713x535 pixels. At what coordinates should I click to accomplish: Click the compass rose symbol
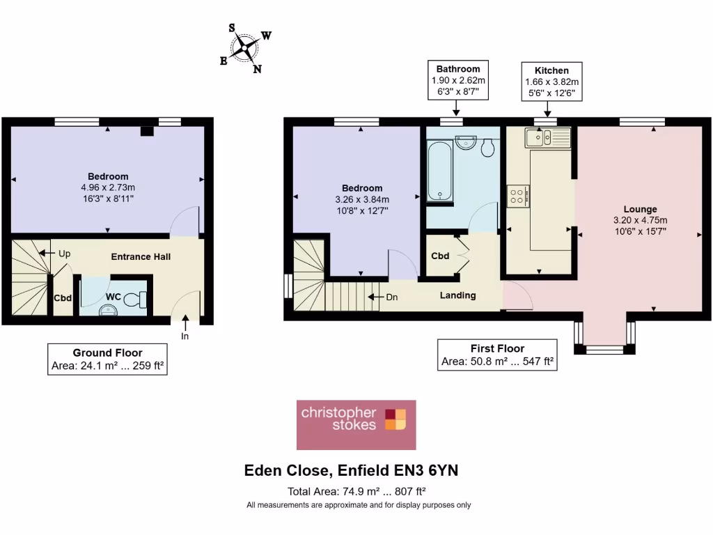point(246,48)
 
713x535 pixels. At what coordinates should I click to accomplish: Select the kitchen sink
point(548,138)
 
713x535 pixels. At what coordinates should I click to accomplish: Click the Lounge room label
point(640,209)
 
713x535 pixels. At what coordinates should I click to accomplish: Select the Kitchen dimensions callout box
point(551,82)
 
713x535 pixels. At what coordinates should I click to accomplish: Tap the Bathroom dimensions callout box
point(457,80)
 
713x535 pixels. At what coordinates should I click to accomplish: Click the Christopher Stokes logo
point(356,424)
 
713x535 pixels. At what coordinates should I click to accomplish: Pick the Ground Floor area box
point(107,359)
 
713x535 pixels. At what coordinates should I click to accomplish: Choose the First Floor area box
point(497,355)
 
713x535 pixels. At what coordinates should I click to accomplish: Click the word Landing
point(457,295)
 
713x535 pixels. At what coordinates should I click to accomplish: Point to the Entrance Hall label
point(141,256)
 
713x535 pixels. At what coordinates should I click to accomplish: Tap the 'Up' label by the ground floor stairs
point(65,254)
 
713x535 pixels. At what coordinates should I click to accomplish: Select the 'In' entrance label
point(185,336)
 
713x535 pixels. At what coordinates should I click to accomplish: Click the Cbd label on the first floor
point(440,256)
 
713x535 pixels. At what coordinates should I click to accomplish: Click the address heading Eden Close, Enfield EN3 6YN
point(351,471)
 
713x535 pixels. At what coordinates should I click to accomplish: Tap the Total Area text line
point(356,490)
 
